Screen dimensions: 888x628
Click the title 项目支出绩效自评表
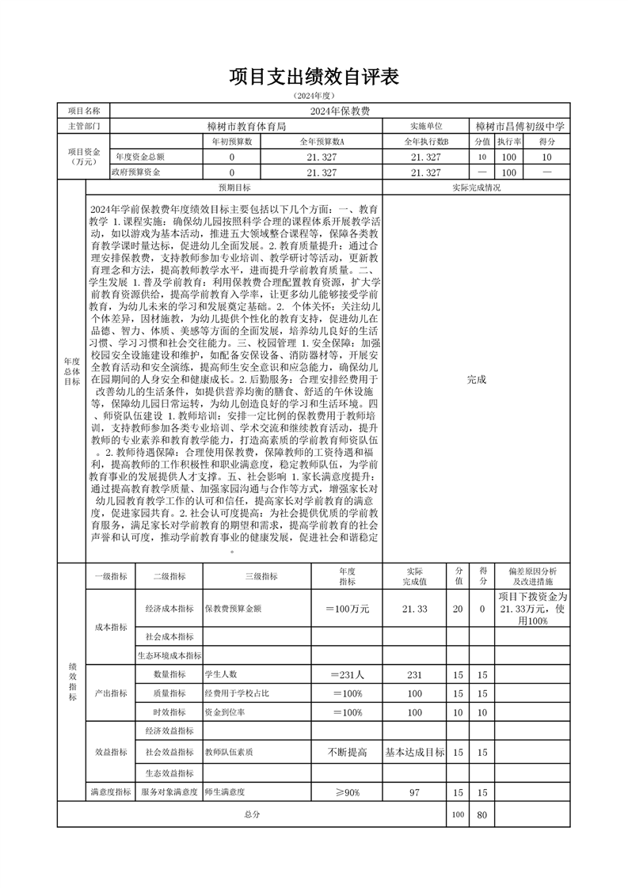pos(313,77)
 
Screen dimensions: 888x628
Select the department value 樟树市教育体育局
pos(246,127)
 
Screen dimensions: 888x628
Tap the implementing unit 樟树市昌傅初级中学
pos(520,127)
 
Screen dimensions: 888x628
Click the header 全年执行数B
pos(426,142)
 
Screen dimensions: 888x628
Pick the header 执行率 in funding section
pos(508,142)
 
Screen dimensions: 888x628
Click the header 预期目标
pos(234,188)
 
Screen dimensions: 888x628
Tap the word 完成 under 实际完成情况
pos(476,379)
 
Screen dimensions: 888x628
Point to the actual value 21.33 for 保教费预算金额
pos(414,609)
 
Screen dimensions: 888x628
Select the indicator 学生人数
pos(222,675)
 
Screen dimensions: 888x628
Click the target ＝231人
pos(347,675)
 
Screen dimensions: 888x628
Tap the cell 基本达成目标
pos(414,752)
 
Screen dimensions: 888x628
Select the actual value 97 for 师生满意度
pos(414,792)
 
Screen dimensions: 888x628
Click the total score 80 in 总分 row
pos(481,814)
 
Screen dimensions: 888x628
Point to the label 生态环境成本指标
pos(169,655)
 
